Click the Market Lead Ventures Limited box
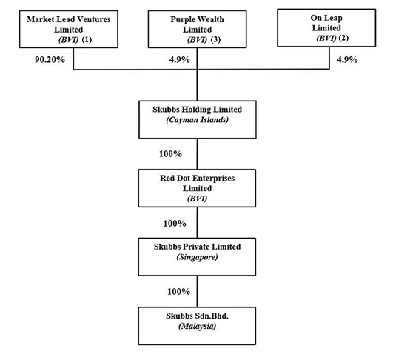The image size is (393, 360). click(68, 29)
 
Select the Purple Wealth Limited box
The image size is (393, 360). click(198, 29)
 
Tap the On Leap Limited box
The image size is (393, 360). click(326, 28)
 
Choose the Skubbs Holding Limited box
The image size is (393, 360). click(198, 120)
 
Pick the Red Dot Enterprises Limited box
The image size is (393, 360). click(197, 188)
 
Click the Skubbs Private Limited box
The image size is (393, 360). click(197, 257)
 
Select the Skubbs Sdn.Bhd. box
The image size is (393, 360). click(197, 326)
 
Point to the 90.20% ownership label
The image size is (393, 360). click(50, 60)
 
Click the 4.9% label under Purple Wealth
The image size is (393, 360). click(179, 60)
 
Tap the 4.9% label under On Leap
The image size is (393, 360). click(347, 60)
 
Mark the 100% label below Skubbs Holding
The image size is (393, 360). click(170, 154)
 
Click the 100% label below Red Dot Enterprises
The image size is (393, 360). click(175, 224)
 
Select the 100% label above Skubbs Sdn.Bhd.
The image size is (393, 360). click(178, 292)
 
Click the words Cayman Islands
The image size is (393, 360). click(198, 120)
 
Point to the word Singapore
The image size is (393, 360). click(198, 257)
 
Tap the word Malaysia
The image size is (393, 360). click(198, 326)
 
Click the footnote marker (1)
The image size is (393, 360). click(87, 40)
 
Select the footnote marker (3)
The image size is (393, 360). click(215, 40)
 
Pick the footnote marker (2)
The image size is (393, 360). click(343, 38)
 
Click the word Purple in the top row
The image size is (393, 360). click(181, 19)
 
